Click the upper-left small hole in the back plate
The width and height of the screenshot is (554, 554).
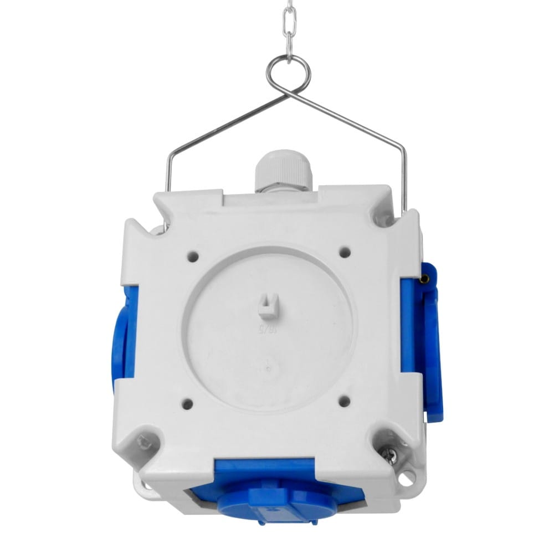(x=193, y=257)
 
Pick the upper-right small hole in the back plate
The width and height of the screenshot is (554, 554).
(x=346, y=252)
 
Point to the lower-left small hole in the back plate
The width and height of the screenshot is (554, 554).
(x=187, y=404)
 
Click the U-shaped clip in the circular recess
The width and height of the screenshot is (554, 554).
(x=267, y=305)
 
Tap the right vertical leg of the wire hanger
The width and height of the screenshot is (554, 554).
(x=405, y=177)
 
